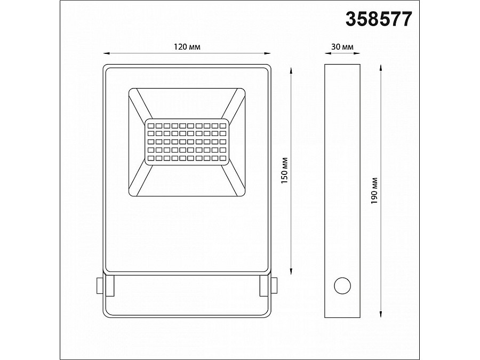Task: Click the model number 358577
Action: pos(379,19)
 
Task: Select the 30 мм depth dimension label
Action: pos(342,47)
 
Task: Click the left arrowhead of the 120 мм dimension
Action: pos(105,53)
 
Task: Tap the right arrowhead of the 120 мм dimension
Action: pos(267,53)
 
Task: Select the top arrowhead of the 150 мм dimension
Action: pos(291,69)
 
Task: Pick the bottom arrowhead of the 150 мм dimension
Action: pos(291,269)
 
